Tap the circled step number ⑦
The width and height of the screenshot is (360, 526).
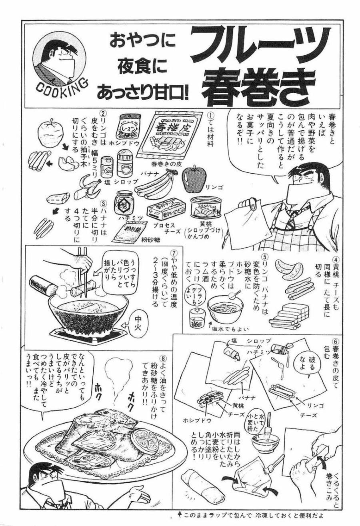pyautogui.click(x=173, y=254)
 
